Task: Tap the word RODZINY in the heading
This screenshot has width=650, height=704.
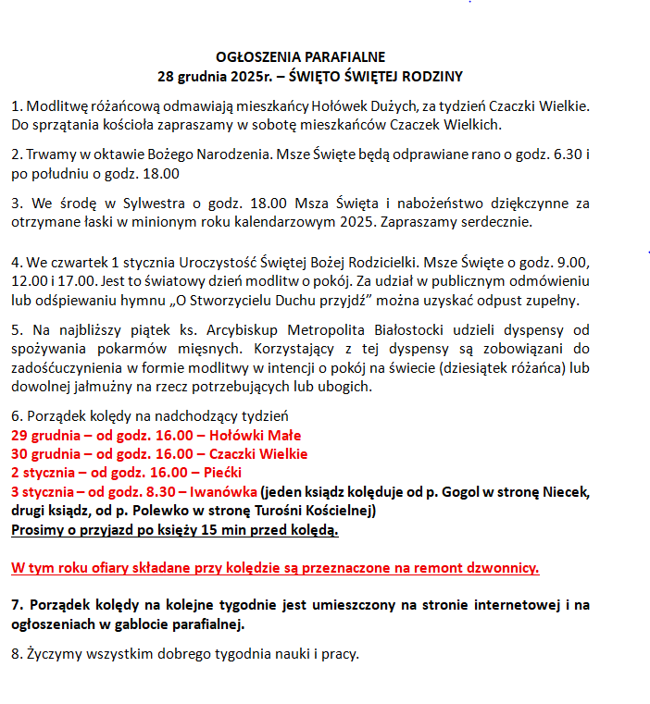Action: [430, 76]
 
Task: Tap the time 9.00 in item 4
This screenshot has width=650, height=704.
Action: [572, 261]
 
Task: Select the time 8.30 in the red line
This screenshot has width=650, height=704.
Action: [161, 490]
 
